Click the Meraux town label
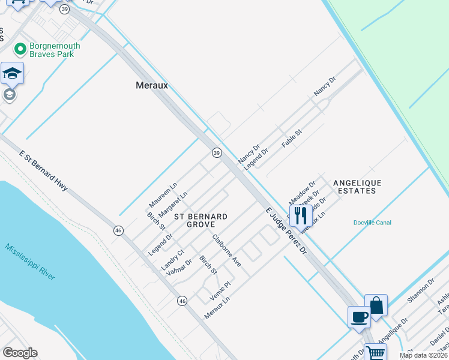click(x=151, y=86)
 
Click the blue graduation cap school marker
click(x=12, y=73)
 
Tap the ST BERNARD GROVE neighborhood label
click(x=200, y=220)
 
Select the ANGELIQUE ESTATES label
click(x=357, y=187)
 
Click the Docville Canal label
click(x=372, y=223)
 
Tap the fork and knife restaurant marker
click(x=301, y=215)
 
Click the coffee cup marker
click(x=360, y=317)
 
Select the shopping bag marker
click(x=376, y=305)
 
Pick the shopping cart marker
click(x=376, y=352)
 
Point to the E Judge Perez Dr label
click(x=286, y=230)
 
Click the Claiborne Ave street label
click(x=226, y=250)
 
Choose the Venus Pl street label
click(x=220, y=291)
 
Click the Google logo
click(x=20, y=353)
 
